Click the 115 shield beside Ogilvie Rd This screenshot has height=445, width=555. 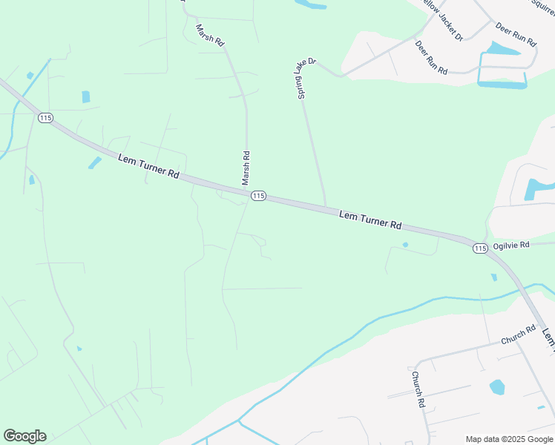tap(480, 248)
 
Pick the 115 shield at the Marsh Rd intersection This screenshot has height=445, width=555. tap(257, 195)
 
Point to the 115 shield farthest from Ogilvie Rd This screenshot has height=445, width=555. tap(46, 118)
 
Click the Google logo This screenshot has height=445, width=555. tap(24, 436)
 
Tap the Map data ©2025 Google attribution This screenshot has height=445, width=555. tap(509, 439)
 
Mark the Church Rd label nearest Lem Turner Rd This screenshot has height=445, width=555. tap(518, 335)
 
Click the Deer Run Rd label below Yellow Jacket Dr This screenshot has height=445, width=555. tap(431, 58)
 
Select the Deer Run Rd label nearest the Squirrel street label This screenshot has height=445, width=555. tap(515, 34)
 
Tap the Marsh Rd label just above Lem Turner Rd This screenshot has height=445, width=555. tap(246, 168)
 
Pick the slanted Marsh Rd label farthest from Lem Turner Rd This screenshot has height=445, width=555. tap(210, 35)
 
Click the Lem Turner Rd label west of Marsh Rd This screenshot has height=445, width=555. tap(148, 165)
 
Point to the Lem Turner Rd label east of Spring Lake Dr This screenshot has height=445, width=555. tap(370, 220)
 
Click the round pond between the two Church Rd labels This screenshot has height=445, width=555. tap(497, 386)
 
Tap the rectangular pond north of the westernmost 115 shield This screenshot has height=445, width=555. tap(85, 96)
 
